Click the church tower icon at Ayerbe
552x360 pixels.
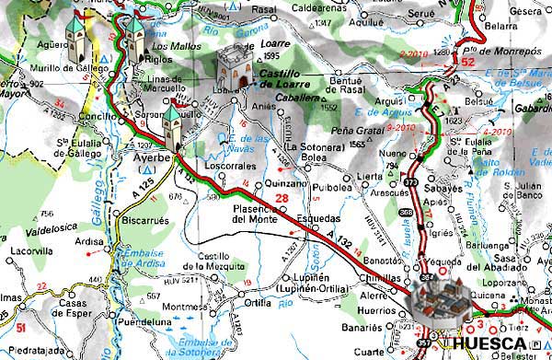tap(172, 126)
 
